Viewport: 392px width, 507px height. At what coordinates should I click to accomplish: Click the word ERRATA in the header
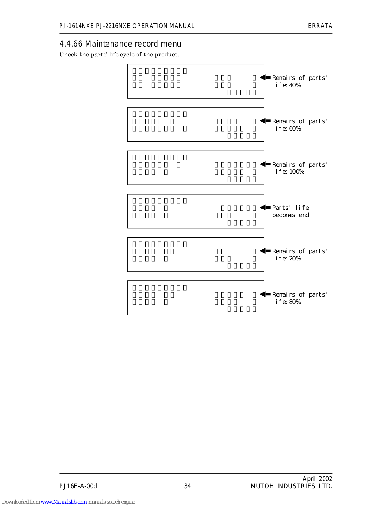(320, 26)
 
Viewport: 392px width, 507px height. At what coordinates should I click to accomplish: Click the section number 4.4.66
(71, 44)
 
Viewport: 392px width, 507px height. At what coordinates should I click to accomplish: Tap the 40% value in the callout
(295, 85)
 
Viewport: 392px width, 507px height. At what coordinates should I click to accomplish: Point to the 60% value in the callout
(295, 129)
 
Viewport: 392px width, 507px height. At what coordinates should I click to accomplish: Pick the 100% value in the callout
(297, 172)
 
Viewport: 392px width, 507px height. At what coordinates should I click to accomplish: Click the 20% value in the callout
(295, 259)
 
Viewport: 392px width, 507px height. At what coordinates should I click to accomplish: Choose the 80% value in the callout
(295, 302)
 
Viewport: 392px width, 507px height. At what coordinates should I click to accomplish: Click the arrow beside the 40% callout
(265, 77)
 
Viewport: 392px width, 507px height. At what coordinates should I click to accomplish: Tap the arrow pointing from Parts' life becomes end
(265, 207)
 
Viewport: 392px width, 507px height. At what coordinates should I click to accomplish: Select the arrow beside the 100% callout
(265, 164)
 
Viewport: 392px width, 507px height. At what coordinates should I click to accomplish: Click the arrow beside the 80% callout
(265, 294)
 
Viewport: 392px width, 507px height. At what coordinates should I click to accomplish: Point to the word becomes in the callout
(284, 215)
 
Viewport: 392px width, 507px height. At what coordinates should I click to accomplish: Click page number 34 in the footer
(188, 486)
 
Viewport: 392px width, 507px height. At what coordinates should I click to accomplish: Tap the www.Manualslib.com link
(63, 502)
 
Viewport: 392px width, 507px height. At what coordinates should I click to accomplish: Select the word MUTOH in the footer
(262, 486)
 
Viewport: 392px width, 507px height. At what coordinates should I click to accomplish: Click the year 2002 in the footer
(325, 479)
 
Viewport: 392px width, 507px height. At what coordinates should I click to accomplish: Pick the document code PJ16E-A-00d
(78, 486)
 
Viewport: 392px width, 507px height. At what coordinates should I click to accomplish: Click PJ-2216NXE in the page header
(113, 26)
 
